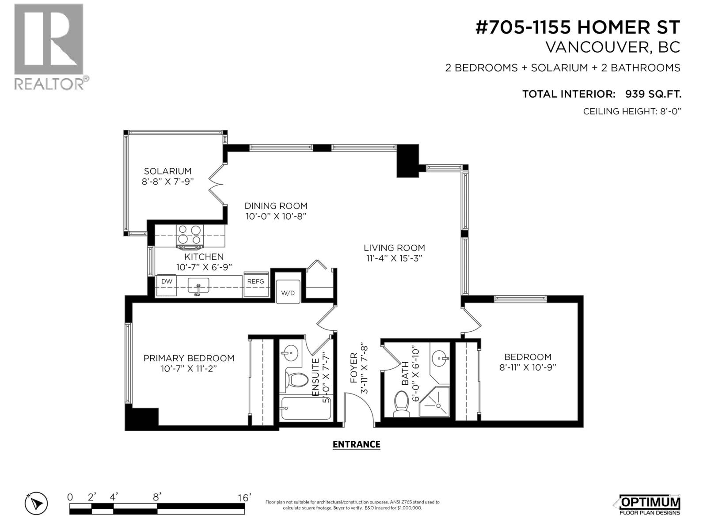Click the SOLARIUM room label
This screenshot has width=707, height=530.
(167, 171)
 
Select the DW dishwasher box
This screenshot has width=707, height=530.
(166, 286)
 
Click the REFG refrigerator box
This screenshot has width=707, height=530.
(256, 286)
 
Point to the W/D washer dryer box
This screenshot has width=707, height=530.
(288, 292)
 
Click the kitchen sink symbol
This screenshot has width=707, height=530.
(198, 286)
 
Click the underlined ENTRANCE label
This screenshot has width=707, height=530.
(356, 444)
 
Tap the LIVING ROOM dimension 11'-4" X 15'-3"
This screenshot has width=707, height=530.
(394, 259)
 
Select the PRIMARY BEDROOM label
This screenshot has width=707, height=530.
(189, 358)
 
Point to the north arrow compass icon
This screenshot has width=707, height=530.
(36, 503)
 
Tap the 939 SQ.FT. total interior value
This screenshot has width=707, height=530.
(653, 94)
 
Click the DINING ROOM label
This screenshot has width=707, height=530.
(276, 206)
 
